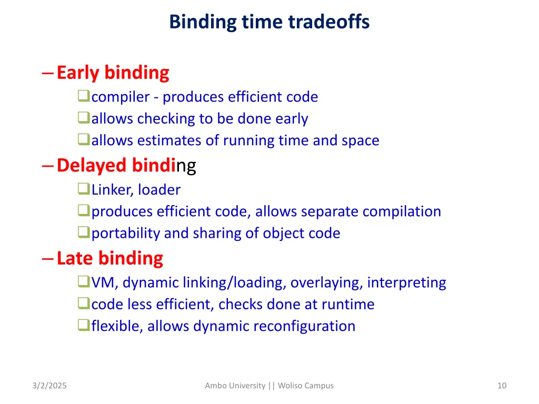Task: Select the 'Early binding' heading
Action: [113, 73]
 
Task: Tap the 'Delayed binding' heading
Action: [126, 165]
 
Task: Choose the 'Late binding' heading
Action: [109, 258]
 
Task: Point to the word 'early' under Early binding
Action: [293, 119]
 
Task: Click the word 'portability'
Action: [126, 233]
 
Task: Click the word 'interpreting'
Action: [406, 283]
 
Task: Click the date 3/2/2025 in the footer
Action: [49, 386]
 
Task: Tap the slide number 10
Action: [502, 386]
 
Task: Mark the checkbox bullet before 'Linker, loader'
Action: [83, 189]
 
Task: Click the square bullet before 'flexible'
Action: [83, 326]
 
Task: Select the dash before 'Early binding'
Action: [47, 73]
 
